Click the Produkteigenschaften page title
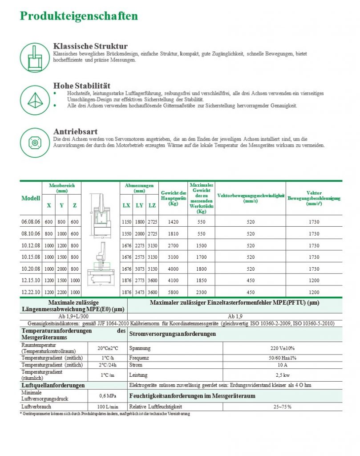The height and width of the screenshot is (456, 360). [x=79, y=16]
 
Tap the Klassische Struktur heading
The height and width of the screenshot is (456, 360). [x=90, y=46]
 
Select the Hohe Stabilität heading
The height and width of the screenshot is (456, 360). [x=82, y=85]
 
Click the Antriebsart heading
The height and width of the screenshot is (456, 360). [x=75, y=132]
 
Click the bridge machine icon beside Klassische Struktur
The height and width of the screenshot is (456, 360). [x=34, y=57]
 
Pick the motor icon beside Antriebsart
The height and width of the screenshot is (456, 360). [x=34, y=142]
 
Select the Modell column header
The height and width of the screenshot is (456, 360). [x=31, y=198]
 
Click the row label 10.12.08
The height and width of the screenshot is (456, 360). [x=31, y=245]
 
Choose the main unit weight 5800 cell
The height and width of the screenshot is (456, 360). [x=173, y=292]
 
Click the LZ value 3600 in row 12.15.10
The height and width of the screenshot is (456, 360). [x=152, y=281]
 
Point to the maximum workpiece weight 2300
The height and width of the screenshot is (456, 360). [x=201, y=292]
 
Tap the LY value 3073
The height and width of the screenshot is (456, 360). [x=140, y=269]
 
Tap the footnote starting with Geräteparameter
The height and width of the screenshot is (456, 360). [x=105, y=414]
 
